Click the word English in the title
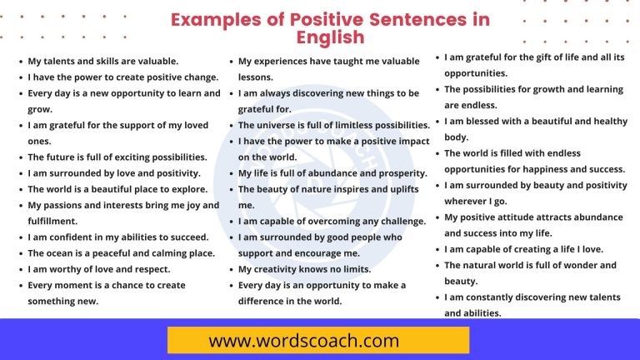[x=331, y=37]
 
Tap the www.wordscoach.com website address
[x=317, y=340]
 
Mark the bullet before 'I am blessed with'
[x=437, y=121]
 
